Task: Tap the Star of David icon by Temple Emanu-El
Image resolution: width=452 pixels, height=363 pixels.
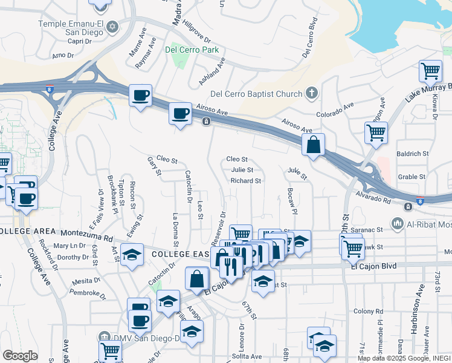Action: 112,28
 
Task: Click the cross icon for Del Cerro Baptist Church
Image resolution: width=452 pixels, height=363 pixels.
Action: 311,93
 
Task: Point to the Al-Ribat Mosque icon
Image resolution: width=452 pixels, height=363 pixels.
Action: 398,224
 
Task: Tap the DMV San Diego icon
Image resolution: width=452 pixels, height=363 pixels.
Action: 104,338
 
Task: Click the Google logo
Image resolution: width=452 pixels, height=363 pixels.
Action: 20,355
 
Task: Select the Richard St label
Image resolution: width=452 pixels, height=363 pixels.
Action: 246,181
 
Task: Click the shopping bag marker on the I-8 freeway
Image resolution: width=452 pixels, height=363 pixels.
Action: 313,145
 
